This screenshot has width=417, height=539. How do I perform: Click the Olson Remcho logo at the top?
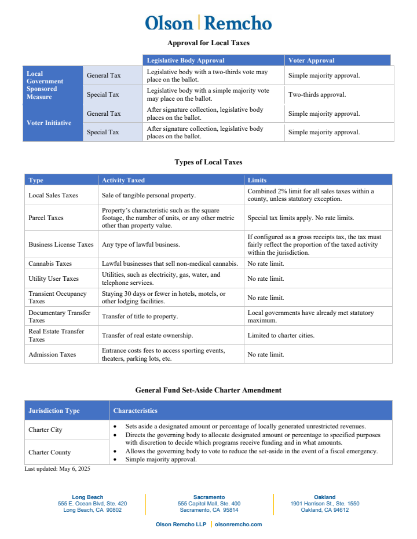[x=208, y=23]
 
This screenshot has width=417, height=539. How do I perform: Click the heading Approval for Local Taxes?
[x=208, y=43]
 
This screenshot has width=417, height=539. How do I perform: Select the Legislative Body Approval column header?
[x=185, y=60]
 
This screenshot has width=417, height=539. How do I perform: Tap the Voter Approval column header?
[x=312, y=60]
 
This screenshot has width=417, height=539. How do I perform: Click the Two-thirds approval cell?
[x=317, y=94]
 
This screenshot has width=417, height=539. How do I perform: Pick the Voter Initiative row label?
[x=49, y=123]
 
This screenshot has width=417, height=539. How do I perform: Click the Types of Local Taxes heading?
[x=208, y=162]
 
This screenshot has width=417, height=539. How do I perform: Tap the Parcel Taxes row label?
[x=46, y=218]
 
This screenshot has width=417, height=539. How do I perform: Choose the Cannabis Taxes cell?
[x=50, y=263]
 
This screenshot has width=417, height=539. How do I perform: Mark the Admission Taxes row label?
[x=52, y=354]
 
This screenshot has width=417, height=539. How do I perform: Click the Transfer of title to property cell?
[x=140, y=317]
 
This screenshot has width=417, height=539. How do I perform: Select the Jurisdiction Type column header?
[x=54, y=410]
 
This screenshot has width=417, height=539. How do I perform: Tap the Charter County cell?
[x=50, y=452]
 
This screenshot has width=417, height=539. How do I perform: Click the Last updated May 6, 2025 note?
[x=57, y=469]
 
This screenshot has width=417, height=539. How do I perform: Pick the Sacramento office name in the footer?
[x=209, y=497]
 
